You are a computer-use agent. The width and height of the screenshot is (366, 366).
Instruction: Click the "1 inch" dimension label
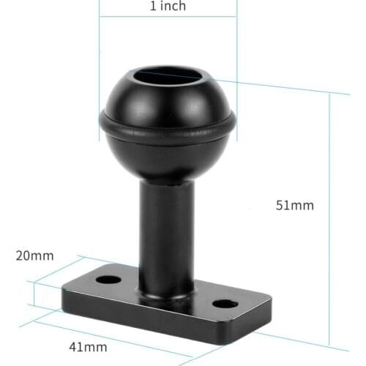(168, 7)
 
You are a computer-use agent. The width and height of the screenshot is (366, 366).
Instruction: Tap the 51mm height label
(295, 206)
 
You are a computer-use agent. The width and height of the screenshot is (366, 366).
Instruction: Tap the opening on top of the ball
(168, 76)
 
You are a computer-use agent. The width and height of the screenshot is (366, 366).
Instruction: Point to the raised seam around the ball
(168, 134)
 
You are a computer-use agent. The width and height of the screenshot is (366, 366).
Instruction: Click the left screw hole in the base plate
(108, 280)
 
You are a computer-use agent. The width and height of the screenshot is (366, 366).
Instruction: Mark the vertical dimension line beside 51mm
(329, 220)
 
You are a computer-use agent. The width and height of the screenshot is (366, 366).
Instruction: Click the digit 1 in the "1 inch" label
(152, 7)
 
